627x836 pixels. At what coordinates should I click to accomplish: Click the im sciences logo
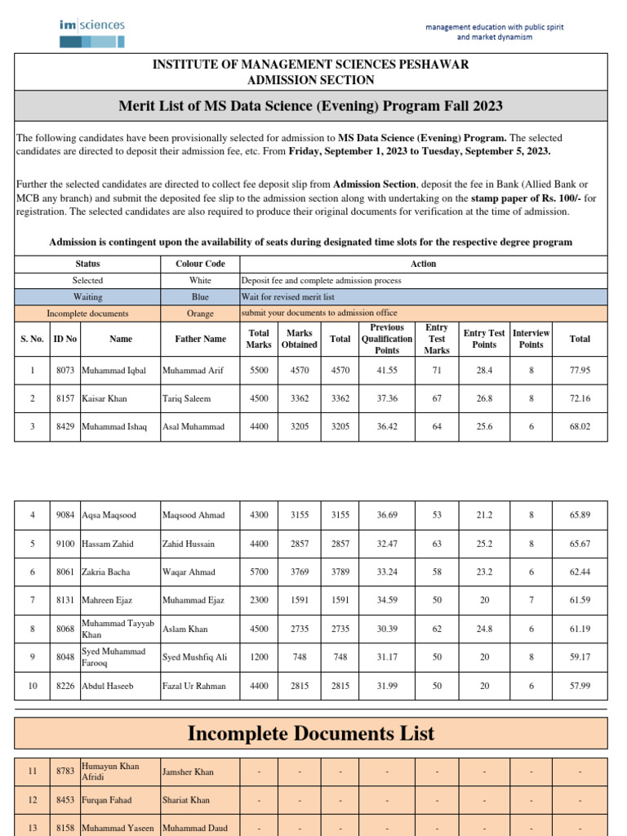coord(91,31)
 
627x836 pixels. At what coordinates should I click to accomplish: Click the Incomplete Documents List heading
coord(311,733)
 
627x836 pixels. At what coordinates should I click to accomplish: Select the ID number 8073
coord(65,370)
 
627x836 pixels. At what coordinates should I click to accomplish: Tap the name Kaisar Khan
coord(104,398)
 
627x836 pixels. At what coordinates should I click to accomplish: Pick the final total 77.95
coord(580,370)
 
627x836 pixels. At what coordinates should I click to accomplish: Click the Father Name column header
coord(200,339)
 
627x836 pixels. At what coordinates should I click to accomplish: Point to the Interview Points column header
coord(531,339)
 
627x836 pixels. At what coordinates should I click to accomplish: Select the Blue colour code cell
coord(200,297)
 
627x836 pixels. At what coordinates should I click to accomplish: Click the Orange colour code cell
coord(200,313)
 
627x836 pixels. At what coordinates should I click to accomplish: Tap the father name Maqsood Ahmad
coord(193,515)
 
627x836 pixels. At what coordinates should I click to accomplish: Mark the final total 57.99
coord(580,686)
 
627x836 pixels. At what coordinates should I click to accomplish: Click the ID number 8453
coord(65,800)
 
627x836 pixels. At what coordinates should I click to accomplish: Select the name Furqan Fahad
coord(107,800)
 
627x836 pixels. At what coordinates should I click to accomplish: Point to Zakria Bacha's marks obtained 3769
coord(300,572)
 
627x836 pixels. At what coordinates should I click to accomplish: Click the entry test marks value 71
coord(437,370)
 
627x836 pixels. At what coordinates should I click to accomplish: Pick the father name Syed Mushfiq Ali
coord(194,657)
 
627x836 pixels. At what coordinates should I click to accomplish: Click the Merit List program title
coord(310,106)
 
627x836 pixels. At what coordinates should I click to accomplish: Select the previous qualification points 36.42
coord(387,427)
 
